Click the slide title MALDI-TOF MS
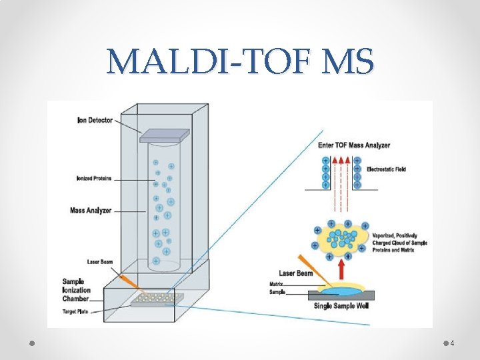click(x=240, y=62)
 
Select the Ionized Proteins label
click(x=94, y=178)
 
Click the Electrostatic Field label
click(x=386, y=169)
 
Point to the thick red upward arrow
click(x=342, y=270)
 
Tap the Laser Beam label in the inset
click(x=296, y=274)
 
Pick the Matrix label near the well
click(x=275, y=284)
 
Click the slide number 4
click(x=452, y=343)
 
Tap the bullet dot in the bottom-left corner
click(x=33, y=343)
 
